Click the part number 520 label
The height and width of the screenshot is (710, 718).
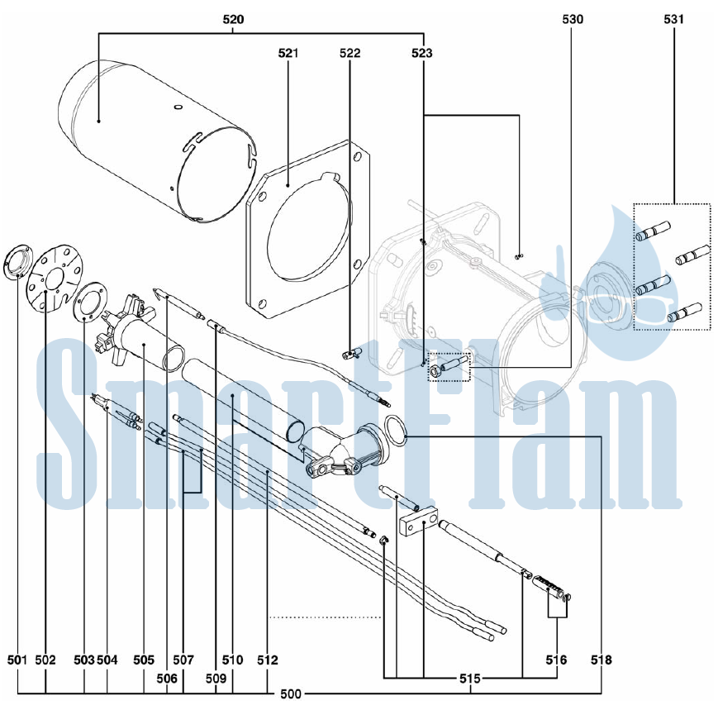coord(233,19)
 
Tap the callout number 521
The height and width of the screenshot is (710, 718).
coord(288,53)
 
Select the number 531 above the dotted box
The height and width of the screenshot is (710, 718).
coord(673,19)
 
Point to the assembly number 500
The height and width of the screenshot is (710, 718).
coord(291,694)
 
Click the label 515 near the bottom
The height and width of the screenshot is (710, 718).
coord(470,679)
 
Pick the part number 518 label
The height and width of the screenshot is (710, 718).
coord(602,660)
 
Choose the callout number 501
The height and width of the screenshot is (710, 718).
coord(18,660)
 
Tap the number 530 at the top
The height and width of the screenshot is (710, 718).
coord(573,19)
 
